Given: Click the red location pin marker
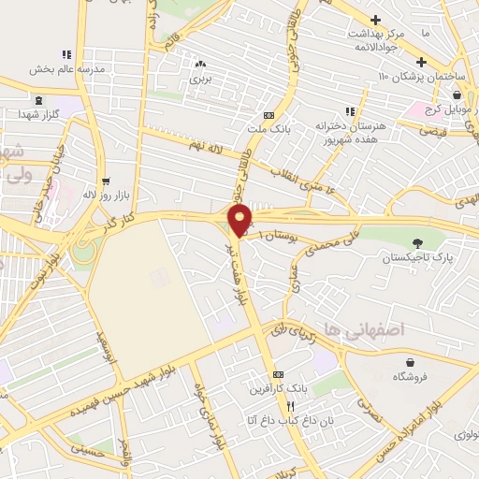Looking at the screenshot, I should (240, 220).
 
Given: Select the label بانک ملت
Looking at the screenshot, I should (269, 129).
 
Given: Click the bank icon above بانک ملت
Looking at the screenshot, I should (269, 115).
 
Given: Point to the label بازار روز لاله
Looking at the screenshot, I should (104, 195).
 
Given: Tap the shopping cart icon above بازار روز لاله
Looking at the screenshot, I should (104, 181).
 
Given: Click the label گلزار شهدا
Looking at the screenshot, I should (38, 113).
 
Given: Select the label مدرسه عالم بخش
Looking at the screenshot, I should (66, 69).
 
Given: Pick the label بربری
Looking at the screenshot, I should (200, 80).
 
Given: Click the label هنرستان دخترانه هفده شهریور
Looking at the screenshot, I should (350, 131).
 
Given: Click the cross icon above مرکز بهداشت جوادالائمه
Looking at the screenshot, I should (375, 19).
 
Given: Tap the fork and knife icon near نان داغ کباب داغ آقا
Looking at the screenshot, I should (290, 407).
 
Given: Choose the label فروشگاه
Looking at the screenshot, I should (410, 377).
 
